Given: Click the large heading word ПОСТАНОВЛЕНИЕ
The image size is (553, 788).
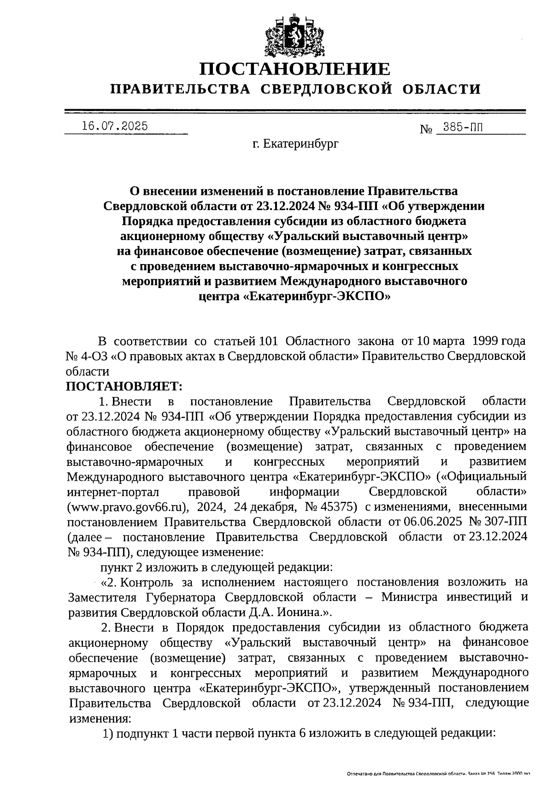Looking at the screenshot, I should click(295, 69).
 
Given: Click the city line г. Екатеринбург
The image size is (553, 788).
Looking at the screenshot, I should click(295, 144).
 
